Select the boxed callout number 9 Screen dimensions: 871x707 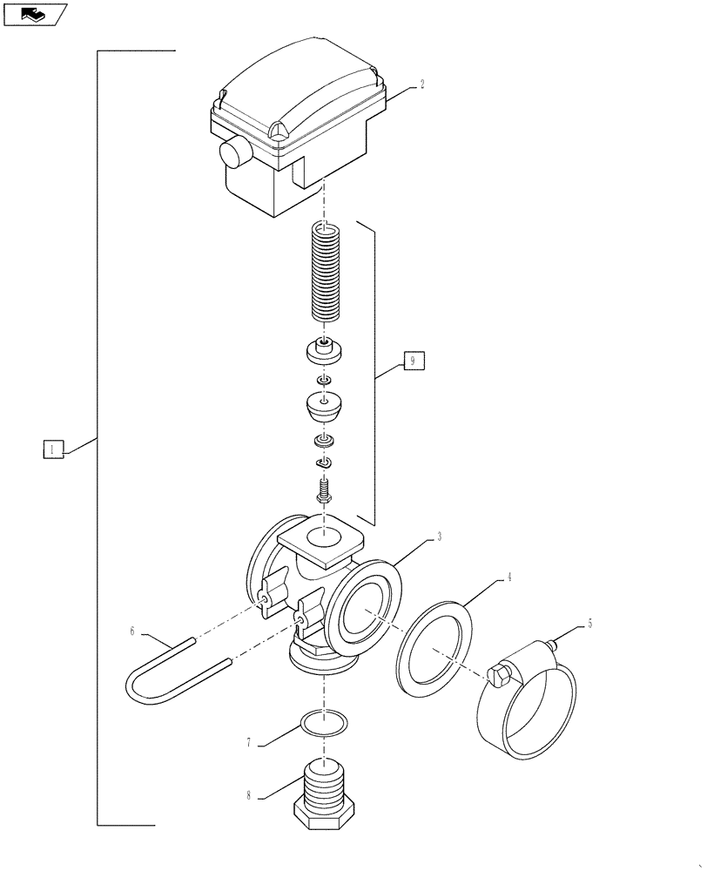414,360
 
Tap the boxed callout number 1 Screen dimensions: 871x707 52,449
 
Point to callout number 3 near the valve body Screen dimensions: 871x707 439,537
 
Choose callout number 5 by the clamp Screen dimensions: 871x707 589,624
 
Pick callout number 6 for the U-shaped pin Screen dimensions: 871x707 132,629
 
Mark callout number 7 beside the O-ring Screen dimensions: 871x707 249,742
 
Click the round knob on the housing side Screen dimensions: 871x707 234,154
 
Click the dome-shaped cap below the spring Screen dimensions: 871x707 324,407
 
